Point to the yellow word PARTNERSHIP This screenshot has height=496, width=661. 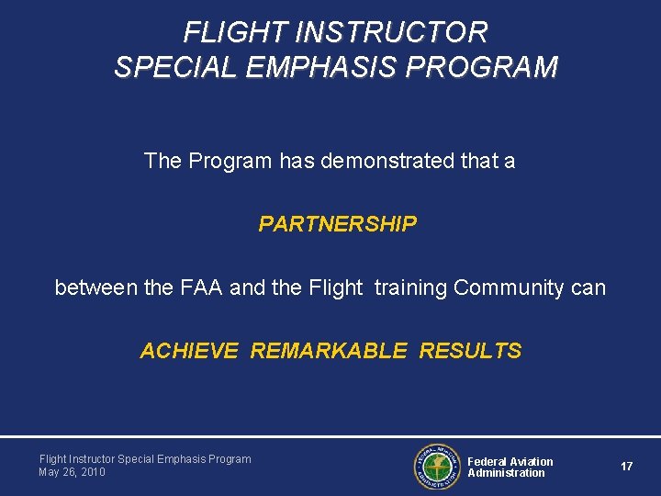[337, 224]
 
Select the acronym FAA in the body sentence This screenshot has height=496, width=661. [201, 288]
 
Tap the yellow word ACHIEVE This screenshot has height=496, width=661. [189, 351]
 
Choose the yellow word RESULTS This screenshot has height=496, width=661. [470, 351]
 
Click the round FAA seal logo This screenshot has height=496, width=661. [436, 467]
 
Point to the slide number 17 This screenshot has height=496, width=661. [626, 467]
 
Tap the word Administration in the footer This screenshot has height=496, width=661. [506, 473]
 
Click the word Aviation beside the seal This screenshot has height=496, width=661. [532, 461]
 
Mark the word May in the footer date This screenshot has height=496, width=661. [49, 472]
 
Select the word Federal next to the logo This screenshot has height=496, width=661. [487, 461]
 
